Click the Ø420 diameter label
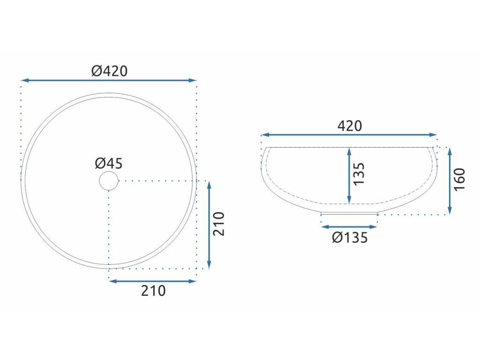(x=109, y=71)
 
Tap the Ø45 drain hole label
(x=109, y=163)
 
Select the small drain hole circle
(x=109, y=181)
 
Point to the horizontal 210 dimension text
(x=153, y=291)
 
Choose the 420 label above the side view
(x=350, y=126)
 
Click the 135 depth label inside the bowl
(x=359, y=173)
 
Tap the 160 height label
(x=459, y=180)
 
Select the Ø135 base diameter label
(x=350, y=237)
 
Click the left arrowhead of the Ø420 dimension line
(x=24, y=80)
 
